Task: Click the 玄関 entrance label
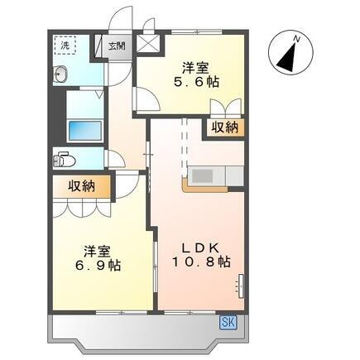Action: tap(118, 46)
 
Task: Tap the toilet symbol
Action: tap(64, 160)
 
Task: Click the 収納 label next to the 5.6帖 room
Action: tap(224, 127)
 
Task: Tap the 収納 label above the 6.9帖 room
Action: tap(82, 186)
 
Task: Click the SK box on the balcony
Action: tap(228, 322)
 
